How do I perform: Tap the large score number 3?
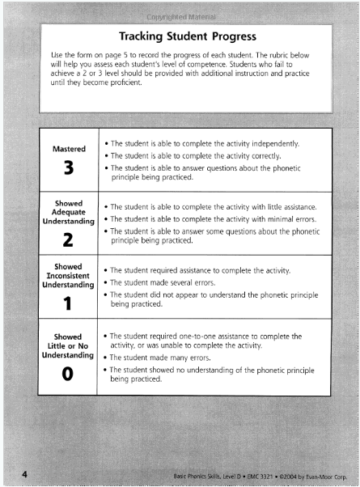pyautogui.click(x=69, y=171)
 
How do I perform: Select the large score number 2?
pyautogui.click(x=69, y=239)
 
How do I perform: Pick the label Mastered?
pyautogui.click(x=69, y=150)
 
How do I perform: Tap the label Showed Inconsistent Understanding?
pyautogui.click(x=69, y=275)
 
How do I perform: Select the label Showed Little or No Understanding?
pyautogui.click(x=69, y=345)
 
